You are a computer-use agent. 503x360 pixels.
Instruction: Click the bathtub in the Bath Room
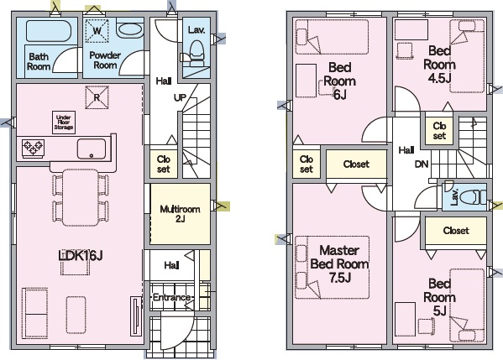pyautogui.click(x=49, y=31)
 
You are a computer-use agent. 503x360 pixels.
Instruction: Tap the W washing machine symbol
pyautogui.click(x=97, y=31)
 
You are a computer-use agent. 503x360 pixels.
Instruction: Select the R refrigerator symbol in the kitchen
pyautogui.click(x=97, y=97)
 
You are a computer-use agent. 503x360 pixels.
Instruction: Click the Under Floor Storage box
pyautogui.click(x=64, y=123)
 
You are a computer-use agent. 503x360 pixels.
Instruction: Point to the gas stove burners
pyautogui.click(x=33, y=148)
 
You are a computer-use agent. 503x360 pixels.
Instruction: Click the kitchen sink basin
pyautogui.click(x=92, y=149)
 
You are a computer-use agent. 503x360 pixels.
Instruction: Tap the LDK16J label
pyautogui.click(x=81, y=255)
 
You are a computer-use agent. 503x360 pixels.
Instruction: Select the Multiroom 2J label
pyautogui.click(x=180, y=214)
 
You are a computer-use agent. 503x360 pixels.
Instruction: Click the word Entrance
pyautogui.click(x=171, y=297)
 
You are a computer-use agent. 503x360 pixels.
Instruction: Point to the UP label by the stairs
pyautogui.click(x=180, y=97)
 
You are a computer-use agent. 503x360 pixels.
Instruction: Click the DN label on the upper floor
pyautogui.click(x=422, y=164)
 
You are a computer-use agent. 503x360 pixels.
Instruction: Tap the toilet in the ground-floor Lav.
pyautogui.click(x=197, y=53)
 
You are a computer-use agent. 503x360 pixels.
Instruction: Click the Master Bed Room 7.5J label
pyautogui.click(x=339, y=263)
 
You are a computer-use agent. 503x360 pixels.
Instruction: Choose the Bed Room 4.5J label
pyautogui.click(x=439, y=64)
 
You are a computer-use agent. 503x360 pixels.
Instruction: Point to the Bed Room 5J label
pyautogui.click(x=439, y=297)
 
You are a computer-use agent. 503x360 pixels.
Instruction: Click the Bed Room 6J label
pyautogui.click(x=339, y=81)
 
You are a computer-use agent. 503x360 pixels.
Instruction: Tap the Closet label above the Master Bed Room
pyautogui.click(x=356, y=164)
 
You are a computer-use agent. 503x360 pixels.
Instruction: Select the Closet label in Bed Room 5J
pyautogui.click(x=456, y=231)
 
